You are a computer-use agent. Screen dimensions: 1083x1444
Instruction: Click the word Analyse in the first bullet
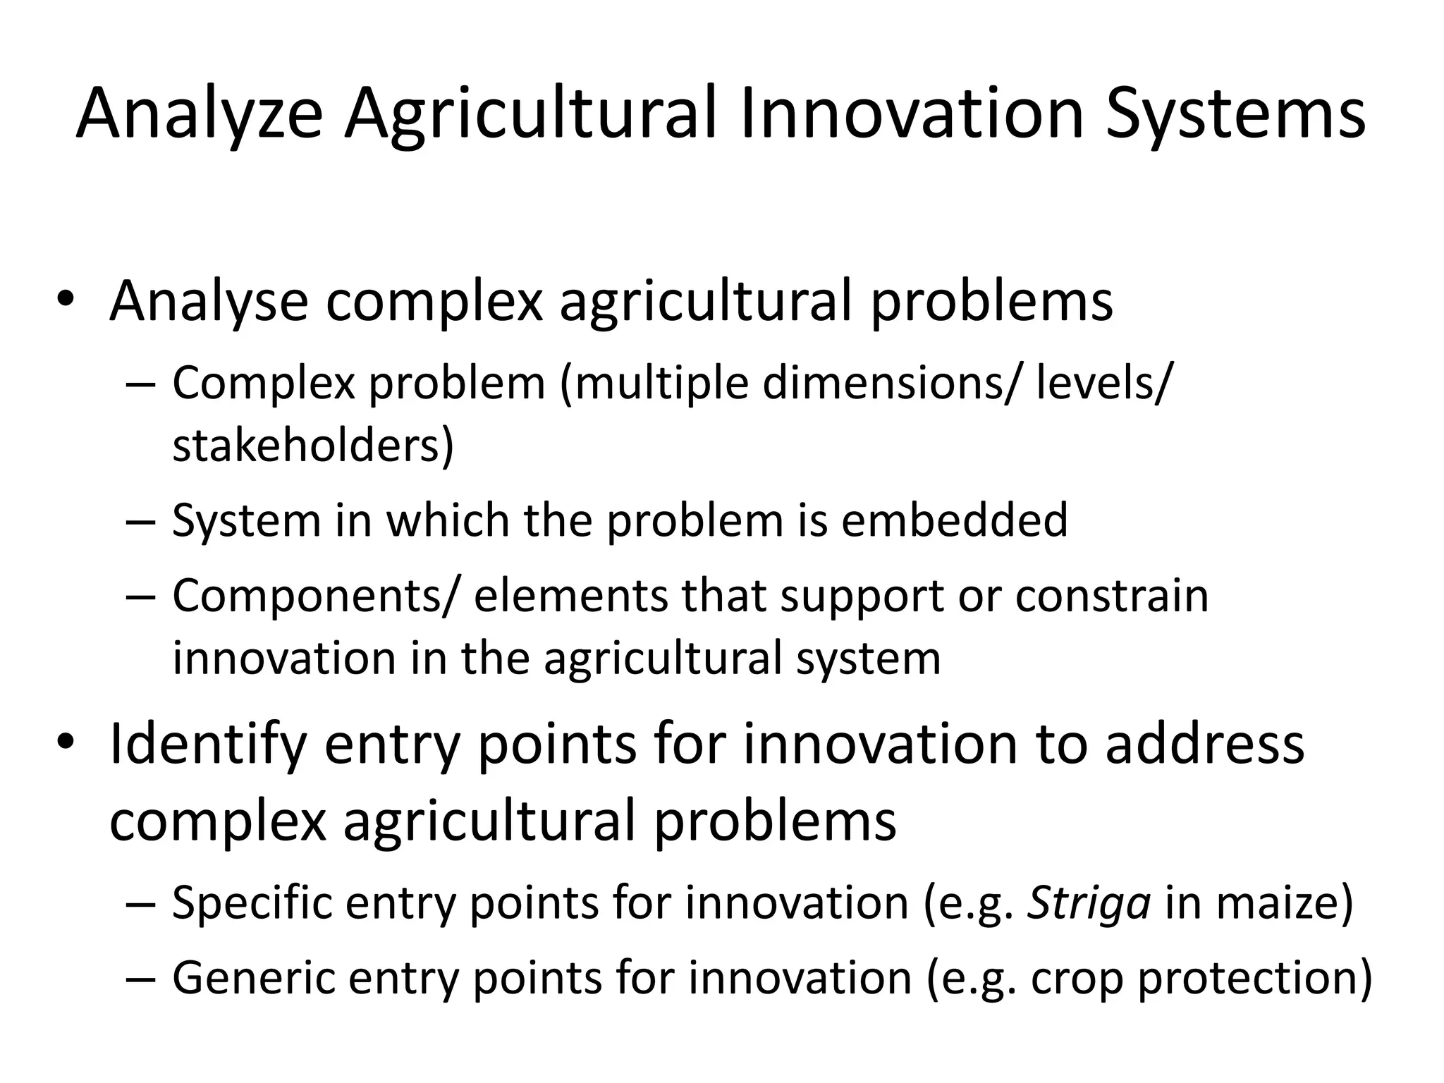click(x=209, y=302)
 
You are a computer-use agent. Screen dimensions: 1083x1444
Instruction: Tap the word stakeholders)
click(x=313, y=446)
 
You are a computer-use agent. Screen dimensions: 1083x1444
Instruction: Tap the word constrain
click(x=1112, y=596)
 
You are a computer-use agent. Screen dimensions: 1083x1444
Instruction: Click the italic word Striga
click(x=1089, y=902)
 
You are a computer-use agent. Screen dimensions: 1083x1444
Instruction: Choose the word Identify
click(x=208, y=746)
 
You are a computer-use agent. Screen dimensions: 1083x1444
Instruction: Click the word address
click(x=1205, y=745)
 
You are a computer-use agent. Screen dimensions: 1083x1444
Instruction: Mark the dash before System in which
click(x=142, y=522)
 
